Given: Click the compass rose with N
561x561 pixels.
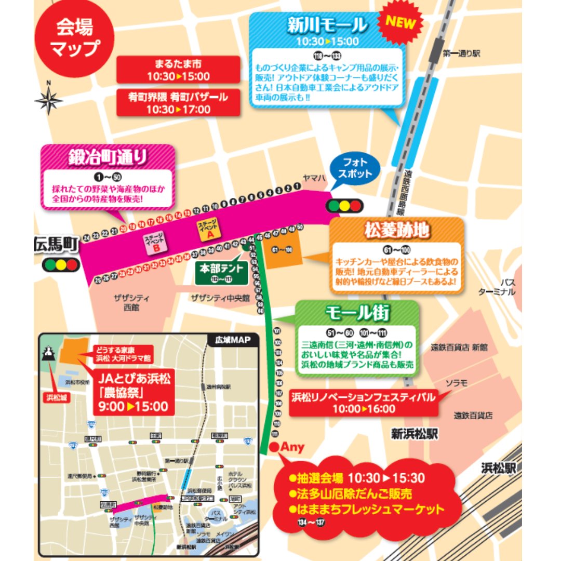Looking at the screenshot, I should (x=49, y=99).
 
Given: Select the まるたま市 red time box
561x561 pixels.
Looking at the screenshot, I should (x=178, y=70).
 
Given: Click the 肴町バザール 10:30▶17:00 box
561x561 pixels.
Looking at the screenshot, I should (x=178, y=102).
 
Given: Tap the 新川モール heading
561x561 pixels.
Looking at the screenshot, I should (x=327, y=24).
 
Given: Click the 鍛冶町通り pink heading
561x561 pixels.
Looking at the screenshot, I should (x=108, y=157).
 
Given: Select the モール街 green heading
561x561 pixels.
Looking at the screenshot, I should (x=357, y=312).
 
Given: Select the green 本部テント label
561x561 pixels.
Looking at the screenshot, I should (x=221, y=273).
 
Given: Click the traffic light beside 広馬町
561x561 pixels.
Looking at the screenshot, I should (x=60, y=265).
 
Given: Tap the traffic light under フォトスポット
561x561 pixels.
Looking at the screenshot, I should (x=343, y=206).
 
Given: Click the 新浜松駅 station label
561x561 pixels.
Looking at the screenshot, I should (x=416, y=434).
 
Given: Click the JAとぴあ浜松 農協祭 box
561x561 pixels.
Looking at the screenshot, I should (x=133, y=390).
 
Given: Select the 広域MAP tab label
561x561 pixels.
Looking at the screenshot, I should (x=233, y=341).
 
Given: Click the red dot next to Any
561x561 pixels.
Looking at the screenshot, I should (x=274, y=447).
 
